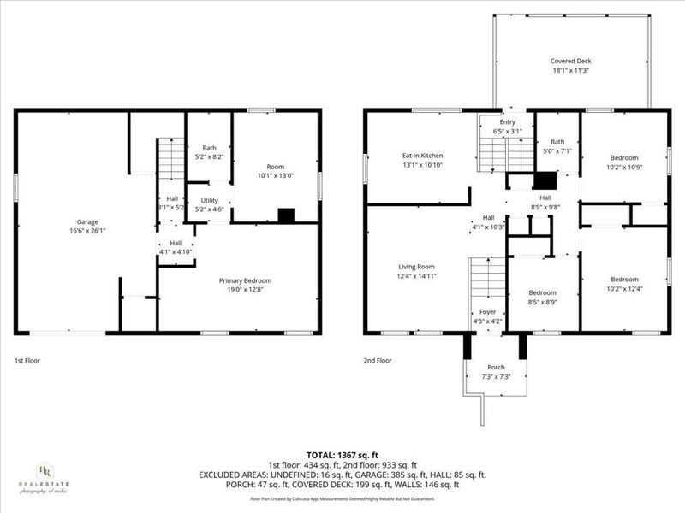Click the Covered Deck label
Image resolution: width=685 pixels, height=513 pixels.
pos(570,61)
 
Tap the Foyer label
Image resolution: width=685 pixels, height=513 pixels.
pos(487,312)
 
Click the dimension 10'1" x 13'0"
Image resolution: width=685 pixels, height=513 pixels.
pos(276,176)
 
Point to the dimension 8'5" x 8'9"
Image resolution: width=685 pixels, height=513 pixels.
pos(542,302)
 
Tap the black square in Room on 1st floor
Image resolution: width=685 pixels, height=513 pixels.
pos(286,216)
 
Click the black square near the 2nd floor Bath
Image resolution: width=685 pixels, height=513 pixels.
pos(544,180)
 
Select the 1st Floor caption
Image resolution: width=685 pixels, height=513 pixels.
pos(27,361)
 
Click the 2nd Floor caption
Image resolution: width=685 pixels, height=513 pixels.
pos(377,361)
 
